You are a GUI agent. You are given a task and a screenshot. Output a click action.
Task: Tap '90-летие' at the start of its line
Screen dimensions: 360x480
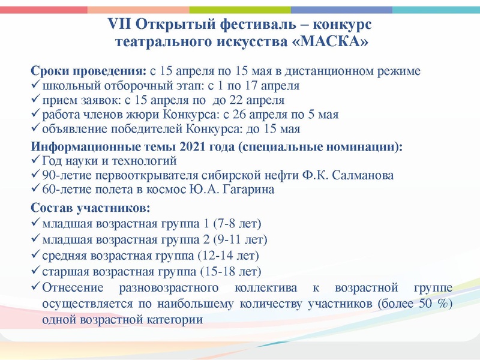click(65, 176)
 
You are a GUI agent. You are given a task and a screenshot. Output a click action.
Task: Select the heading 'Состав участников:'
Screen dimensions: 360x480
click(90, 209)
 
